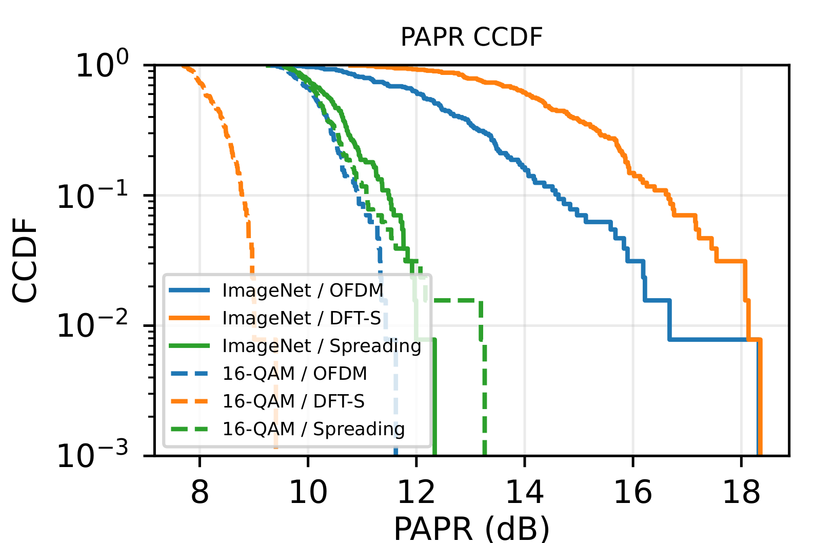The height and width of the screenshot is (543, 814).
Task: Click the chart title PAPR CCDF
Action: point(471,37)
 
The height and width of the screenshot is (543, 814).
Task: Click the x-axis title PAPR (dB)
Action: point(471,528)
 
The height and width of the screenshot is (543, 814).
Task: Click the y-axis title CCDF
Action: point(25,260)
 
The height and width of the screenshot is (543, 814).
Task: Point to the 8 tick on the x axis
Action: point(200,492)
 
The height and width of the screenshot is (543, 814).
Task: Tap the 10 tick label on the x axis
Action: point(308,492)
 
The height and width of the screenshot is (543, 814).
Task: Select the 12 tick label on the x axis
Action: point(416,492)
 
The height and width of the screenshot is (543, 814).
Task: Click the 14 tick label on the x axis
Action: point(525,492)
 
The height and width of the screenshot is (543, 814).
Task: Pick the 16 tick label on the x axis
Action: point(633,492)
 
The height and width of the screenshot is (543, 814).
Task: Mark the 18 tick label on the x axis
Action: point(741,492)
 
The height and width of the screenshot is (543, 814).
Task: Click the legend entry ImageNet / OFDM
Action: point(303,290)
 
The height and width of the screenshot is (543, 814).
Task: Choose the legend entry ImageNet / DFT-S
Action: point(302,318)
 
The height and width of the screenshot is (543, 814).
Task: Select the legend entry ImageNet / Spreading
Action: point(322,346)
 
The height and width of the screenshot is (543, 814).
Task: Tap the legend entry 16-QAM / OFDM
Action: point(294,374)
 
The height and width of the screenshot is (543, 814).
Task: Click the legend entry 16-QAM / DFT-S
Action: point(293,401)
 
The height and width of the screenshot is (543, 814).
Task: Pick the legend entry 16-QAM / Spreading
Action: point(313,429)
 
